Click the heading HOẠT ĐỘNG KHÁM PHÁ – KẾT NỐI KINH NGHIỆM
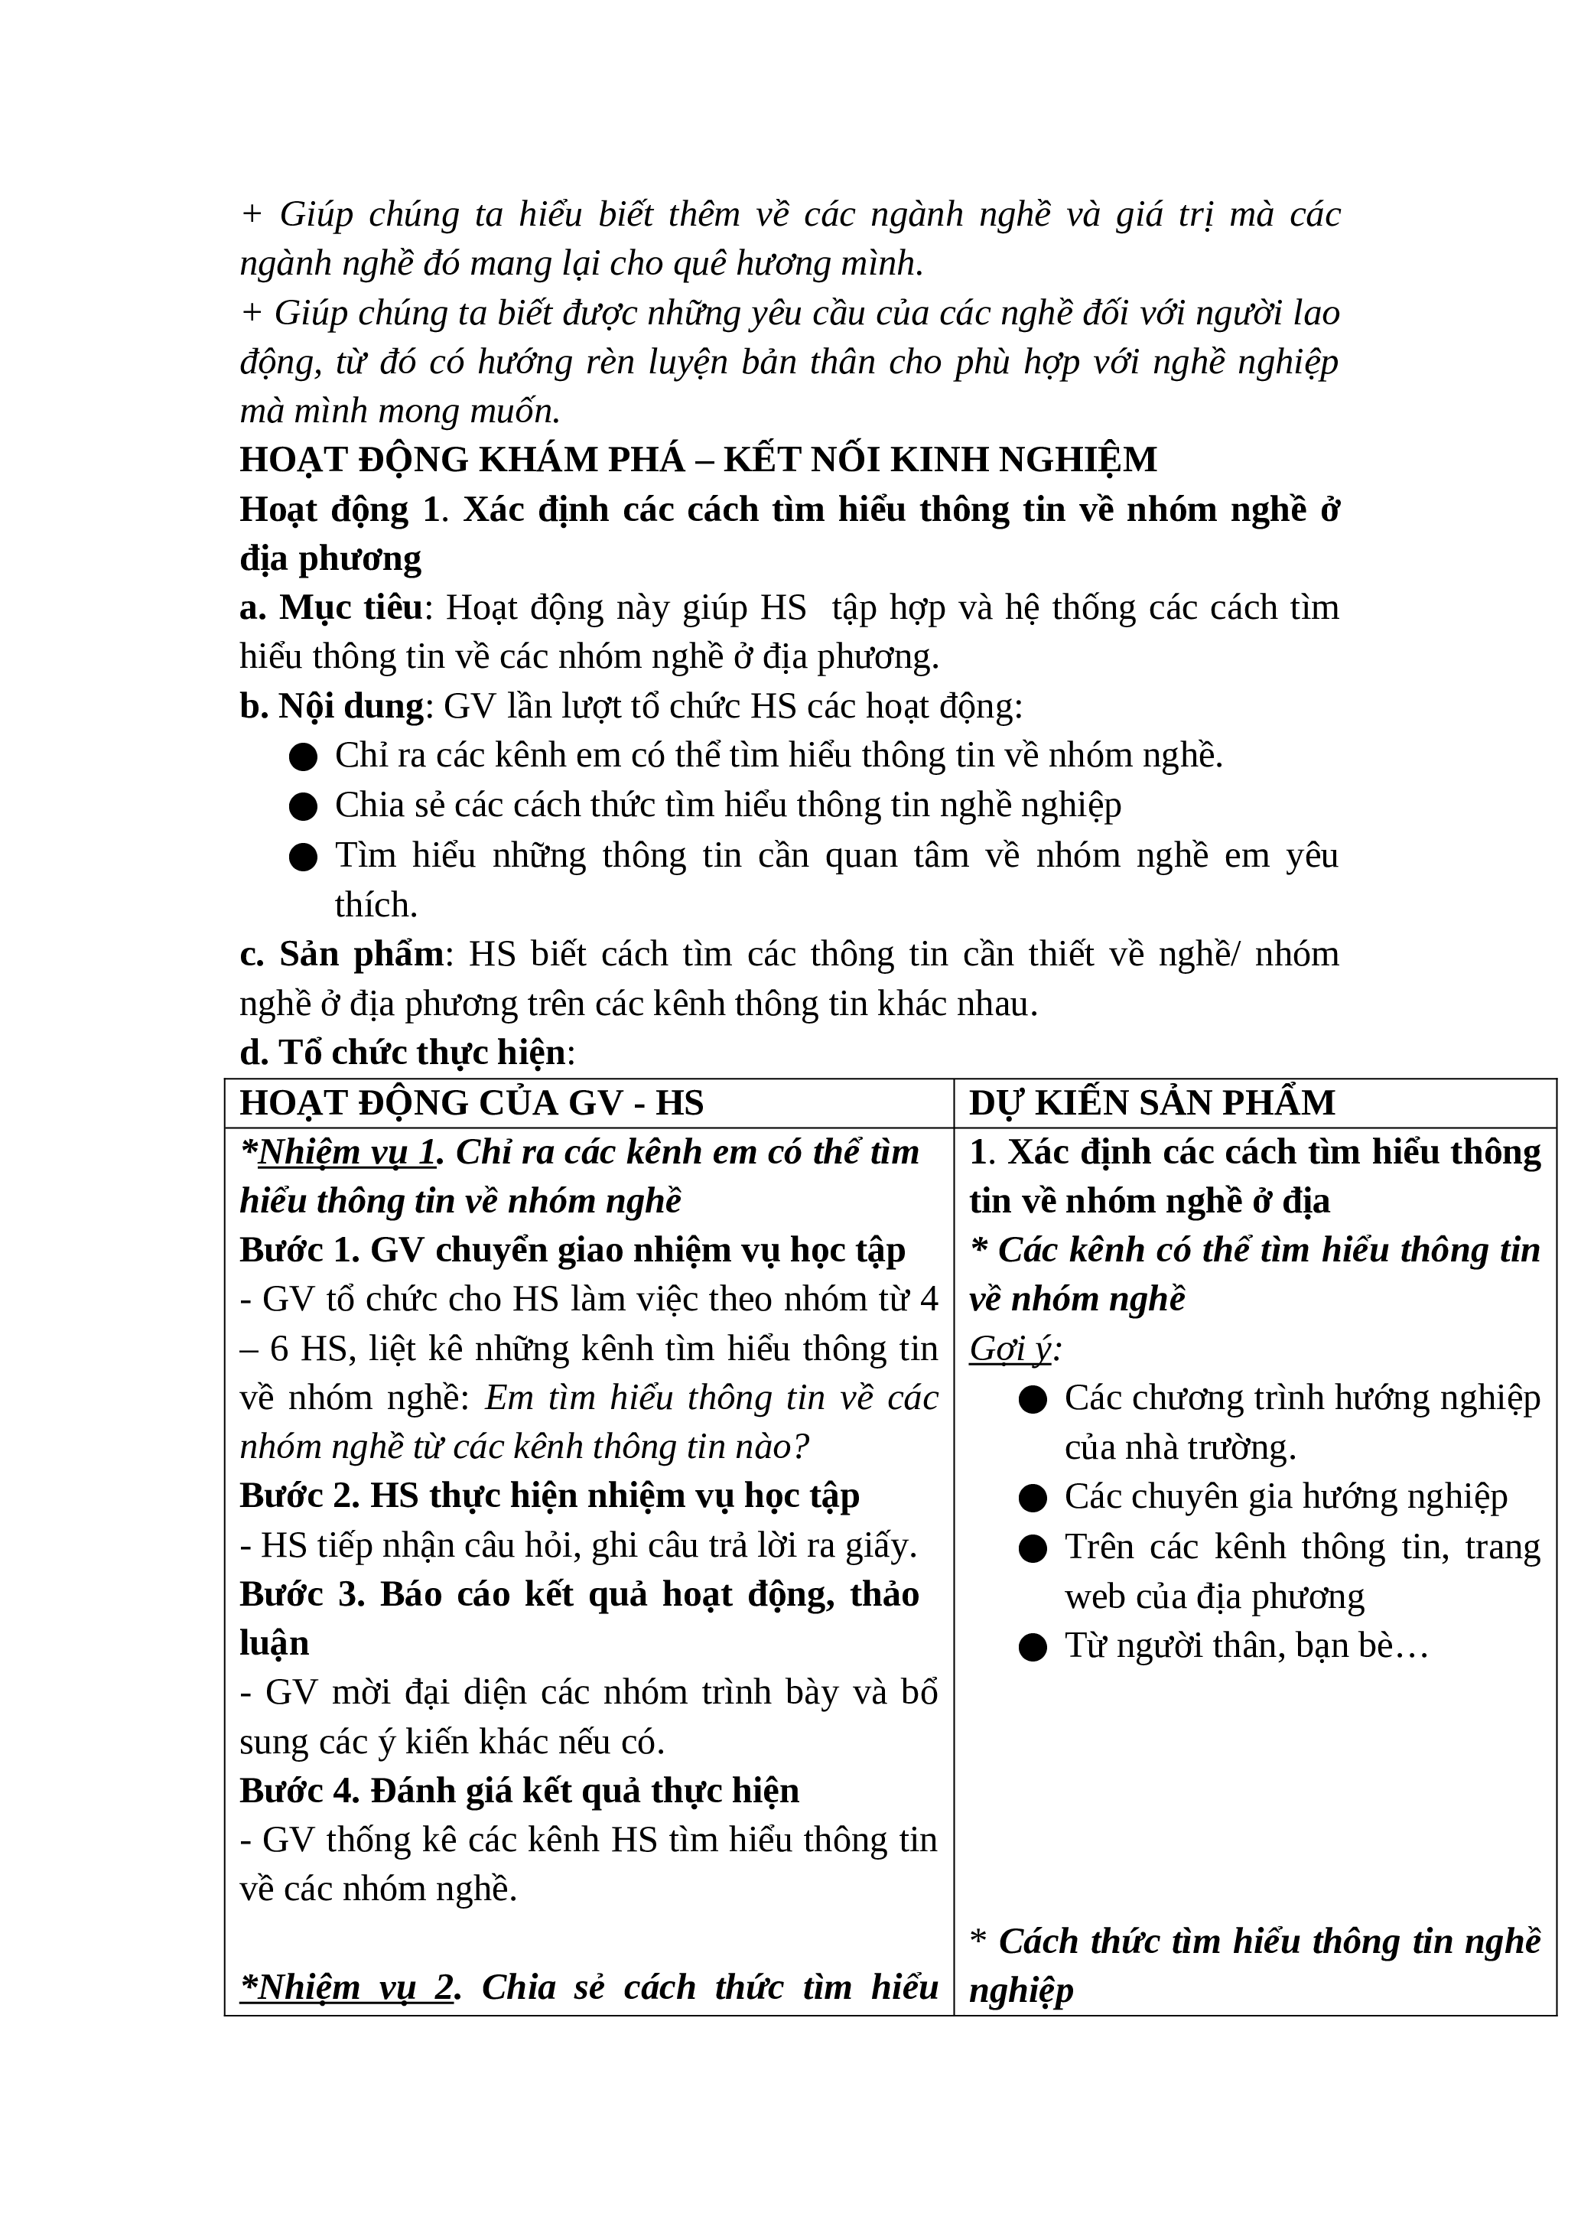pos(698,460)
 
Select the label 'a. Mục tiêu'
pos(331,607)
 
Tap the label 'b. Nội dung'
pos(331,706)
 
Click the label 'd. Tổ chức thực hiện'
pos(403,1053)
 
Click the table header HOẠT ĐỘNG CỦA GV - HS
pos(471,1102)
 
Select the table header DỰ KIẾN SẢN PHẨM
pos(1152,1102)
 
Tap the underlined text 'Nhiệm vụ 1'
pos(346,1152)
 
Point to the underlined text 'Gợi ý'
pos(1010,1349)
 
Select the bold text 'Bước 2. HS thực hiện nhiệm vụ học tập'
pos(549,1496)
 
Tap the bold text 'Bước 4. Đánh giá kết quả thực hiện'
pos(519,1791)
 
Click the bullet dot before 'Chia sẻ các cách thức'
pos(303,806)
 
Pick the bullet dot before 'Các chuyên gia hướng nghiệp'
pos(1032,1498)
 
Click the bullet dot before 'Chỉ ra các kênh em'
pos(303,757)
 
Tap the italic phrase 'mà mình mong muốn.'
pos(400,411)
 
